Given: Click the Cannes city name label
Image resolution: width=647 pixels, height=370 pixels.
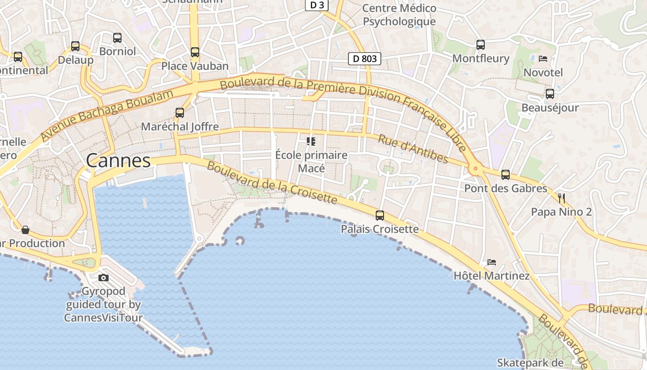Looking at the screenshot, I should (x=118, y=161).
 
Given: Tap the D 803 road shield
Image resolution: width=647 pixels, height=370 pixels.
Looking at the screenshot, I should (x=364, y=59).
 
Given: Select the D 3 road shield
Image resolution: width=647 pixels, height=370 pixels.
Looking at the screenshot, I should (x=317, y=5).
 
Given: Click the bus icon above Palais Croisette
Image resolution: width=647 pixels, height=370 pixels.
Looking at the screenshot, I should (x=380, y=215).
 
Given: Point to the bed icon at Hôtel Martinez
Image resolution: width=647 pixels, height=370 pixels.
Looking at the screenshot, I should (x=491, y=262).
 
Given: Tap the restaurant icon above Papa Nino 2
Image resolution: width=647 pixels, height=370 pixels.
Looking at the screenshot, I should (x=562, y=199).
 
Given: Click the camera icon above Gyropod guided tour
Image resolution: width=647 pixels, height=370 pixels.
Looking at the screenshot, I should (x=104, y=277).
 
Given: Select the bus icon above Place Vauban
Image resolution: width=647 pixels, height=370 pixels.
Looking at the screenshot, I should (x=195, y=52).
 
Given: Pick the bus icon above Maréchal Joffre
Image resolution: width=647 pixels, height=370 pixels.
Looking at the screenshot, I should (x=180, y=112).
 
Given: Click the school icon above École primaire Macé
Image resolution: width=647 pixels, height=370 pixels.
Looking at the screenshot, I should (x=311, y=142).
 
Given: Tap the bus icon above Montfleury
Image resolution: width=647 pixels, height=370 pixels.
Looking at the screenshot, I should (x=481, y=45).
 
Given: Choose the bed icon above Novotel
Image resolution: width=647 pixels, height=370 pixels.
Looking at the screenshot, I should (x=543, y=59).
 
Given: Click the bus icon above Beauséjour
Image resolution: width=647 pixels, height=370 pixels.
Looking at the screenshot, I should (x=550, y=94).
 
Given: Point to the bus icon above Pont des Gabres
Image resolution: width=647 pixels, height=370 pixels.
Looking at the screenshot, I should (x=506, y=175).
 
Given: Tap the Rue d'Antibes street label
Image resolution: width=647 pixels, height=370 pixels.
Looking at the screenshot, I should (x=413, y=149).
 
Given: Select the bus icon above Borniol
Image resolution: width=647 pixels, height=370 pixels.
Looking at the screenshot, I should (x=117, y=38).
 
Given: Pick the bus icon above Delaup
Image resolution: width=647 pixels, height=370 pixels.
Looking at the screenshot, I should (x=75, y=46).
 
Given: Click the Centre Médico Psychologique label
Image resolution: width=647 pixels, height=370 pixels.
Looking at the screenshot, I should (x=399, y=15).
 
